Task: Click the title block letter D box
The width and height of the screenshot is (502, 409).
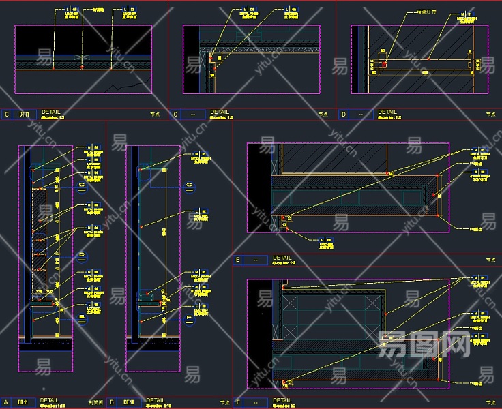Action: [343, 114]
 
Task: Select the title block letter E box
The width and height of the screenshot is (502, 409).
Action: [237, 259]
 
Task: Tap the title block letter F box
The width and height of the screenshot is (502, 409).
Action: [237, 402]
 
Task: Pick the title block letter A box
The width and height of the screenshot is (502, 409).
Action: [6, 402]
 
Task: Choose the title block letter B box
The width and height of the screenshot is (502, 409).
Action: [111, 402]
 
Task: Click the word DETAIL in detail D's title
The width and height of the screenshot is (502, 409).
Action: [387, 112]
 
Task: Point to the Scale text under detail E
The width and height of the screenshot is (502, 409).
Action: [283, 263]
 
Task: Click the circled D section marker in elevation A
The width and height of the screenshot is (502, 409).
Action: [82, 257]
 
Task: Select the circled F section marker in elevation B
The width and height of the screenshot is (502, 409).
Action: [189, 316]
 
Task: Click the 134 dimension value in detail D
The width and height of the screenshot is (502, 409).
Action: [424, 71]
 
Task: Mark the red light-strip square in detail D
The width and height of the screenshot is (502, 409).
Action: [384, 65]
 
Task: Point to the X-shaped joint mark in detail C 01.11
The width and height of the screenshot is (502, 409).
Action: [82, 56]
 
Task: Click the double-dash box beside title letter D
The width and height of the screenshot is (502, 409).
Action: [361, 114]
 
